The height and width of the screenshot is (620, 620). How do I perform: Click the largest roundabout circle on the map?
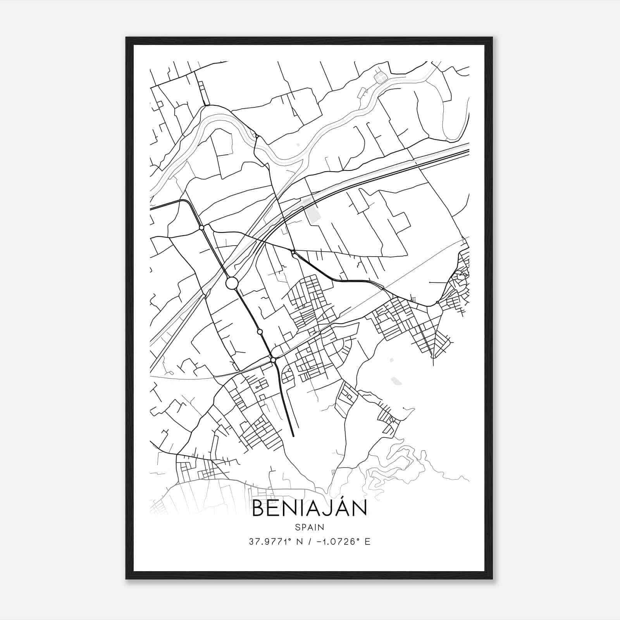pyautogui.click(x=231, y=283)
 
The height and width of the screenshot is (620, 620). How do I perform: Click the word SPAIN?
pyautogui.click(x=310, y=527)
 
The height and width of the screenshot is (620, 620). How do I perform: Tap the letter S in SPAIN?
pyautogui.click(x=297, y=527)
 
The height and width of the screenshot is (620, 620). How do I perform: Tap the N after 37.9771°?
pyautogui.click(x=299, y=542)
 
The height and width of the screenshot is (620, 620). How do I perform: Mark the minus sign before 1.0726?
pyautogui.click(x=319, y=542)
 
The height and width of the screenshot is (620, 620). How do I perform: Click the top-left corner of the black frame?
pyautogui.click(x=127, y=38)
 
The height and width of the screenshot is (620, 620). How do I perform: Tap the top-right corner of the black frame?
pyautogui.click(x=492, y=38)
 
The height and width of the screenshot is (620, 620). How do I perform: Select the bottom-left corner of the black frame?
pyautogui.click(x=127, y=578)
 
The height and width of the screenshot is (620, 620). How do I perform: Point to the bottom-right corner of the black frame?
pyautogui.click(x=492, y=578)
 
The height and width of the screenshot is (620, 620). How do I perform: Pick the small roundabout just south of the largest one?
pyautogui.click(x=260, y=332)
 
